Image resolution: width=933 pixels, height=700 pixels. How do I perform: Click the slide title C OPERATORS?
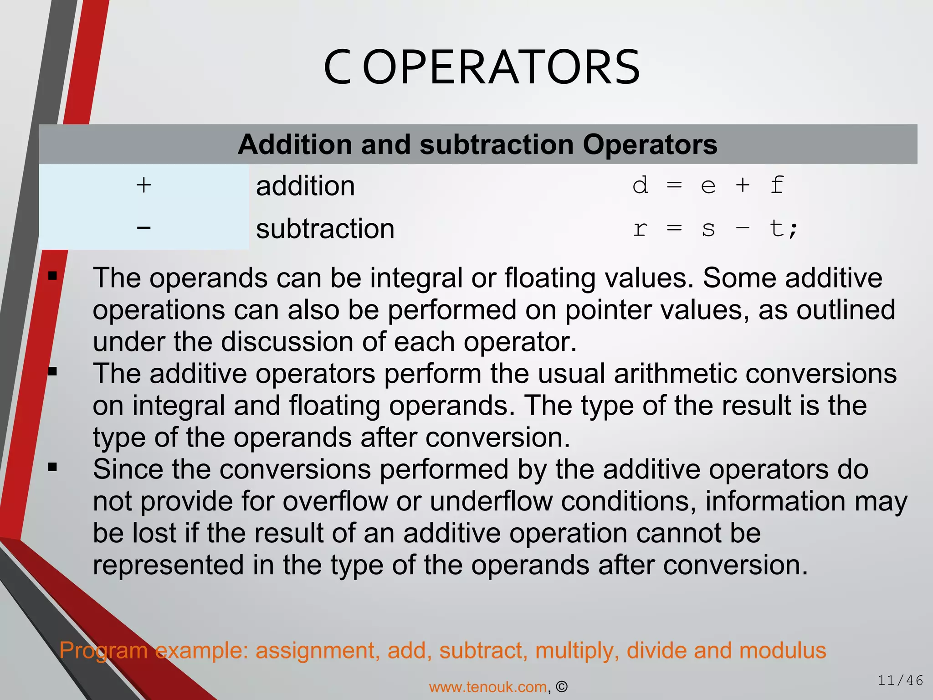pyautogui.click(x=482, y=68)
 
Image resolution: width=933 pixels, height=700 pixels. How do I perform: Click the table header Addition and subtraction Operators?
pyautogui.click(x=477, y=144)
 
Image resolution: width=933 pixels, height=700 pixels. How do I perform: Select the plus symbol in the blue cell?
pyautogui.click(x=144, y=185)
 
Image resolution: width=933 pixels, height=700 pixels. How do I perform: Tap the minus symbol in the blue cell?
pyautogui.click(x=144, y=227)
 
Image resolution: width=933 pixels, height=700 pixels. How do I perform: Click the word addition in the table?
pyautogui.click(x=305, y=186)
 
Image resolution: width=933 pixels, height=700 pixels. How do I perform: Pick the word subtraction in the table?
pyautogui.click(x=325, y=228)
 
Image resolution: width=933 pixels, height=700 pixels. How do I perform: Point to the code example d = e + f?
pyautogui.click(x=708, y=185)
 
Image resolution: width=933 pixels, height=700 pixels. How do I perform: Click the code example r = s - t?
pyautogui.click(x=715, y=228)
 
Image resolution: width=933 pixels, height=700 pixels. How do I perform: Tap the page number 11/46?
pyautogui.click(x=900, y=680)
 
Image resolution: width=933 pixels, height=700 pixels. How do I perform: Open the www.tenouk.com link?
pyautogui.click(x=488, y=687)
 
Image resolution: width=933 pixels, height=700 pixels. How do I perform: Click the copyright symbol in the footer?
pyautogui.click(x=562, y=687)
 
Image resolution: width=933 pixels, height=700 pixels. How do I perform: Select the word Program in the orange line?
pyautogui.click(x=103, y=650)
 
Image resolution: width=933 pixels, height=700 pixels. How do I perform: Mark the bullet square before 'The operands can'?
pyautogui.click(x=52, y=276)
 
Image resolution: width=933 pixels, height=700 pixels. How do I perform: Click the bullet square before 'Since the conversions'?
pyautogui.click(x=52, y=467)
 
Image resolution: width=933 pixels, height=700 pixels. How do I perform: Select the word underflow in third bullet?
pyautogui.click(x=491, y=501)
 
